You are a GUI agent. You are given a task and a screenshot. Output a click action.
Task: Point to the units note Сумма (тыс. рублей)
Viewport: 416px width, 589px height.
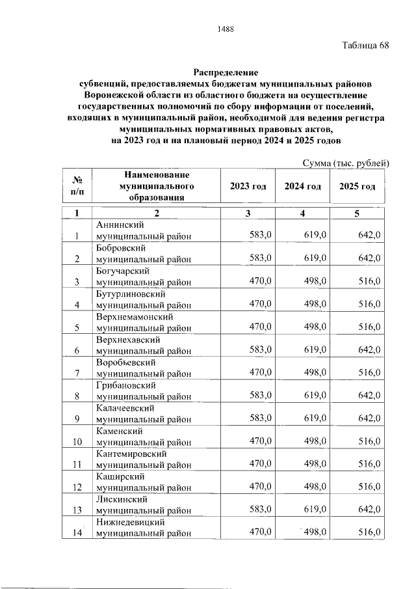pyautogui.click(x=346, y=163)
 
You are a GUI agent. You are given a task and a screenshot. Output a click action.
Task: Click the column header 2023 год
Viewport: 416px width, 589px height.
pyautogui.click(x=248, y=186)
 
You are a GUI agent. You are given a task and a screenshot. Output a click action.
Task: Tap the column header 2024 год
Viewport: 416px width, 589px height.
pyautogui.click(x=303, y=186)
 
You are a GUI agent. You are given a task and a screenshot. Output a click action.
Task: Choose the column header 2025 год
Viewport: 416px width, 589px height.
pyautogui.click(x=357, y=186)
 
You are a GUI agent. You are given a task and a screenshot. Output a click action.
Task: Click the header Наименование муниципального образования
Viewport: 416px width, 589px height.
pyautogui.click(x=157, y=186)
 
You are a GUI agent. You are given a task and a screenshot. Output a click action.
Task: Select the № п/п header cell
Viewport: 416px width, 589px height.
pyautogui.click(x=77, y=186)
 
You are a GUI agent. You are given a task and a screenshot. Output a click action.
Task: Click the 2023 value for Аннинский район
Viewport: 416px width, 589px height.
pyautogui.click(x=261, y=236)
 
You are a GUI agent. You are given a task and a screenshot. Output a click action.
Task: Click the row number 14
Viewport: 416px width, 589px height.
pyautogui.click(x=77, y=533)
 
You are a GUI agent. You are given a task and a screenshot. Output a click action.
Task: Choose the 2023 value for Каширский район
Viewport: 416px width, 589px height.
pyautogui.click(x=261, y=486)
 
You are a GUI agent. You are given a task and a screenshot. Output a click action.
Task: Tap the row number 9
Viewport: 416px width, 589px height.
pyautogui.click(x=77, y=419)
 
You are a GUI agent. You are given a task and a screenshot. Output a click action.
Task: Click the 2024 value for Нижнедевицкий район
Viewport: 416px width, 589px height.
pyautogui.click(x=315, y=532)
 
